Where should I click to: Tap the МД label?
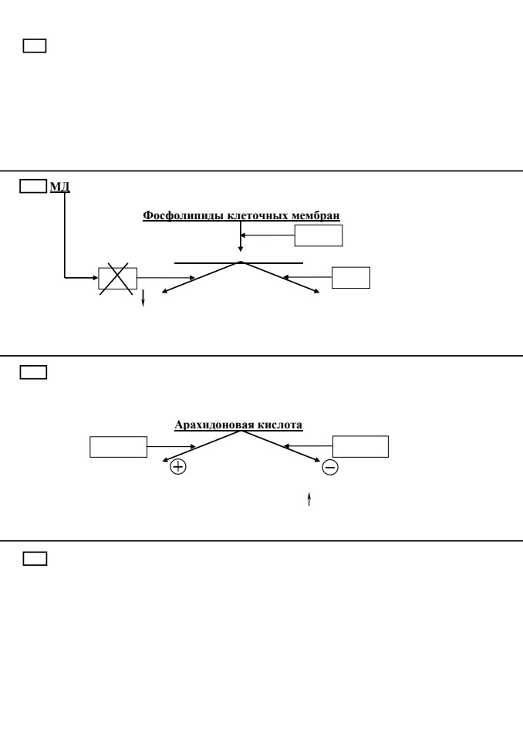[60, 187]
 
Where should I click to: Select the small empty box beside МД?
[33, 186]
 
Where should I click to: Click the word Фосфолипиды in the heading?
[183, 215]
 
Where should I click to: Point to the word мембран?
[315, 215]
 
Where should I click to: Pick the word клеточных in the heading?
[258, 215]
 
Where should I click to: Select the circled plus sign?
[178, 467]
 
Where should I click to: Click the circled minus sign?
[330, 468]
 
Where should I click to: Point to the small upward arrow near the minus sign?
[309, 499]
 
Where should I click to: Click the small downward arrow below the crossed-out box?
[143, 298]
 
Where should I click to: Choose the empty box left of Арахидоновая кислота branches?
[119, 447]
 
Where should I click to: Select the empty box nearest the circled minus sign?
[360, 447]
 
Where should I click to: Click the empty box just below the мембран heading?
[319, 235]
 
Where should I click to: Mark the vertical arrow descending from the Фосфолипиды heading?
[241, 237]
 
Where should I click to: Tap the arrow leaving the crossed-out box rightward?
[166, 278]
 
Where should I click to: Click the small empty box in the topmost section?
[35, 46]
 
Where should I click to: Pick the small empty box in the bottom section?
[35, 559]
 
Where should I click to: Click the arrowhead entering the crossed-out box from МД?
[96, 278]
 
